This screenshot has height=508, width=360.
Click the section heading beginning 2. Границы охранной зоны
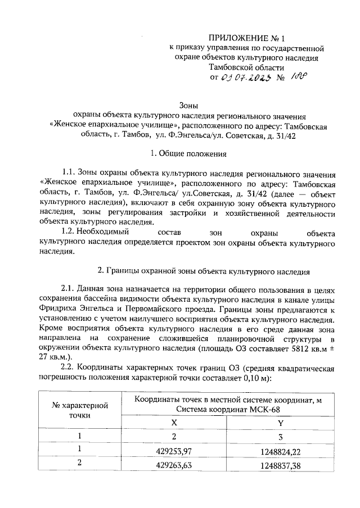[x=204, y=270]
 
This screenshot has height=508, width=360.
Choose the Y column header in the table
[x=280, y=423]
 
